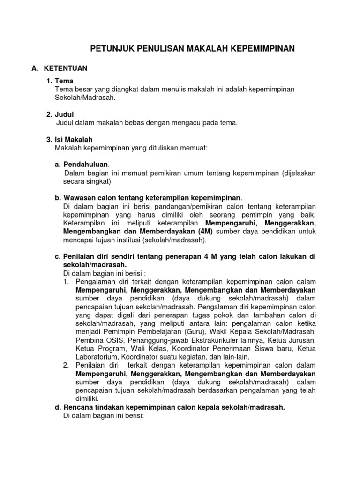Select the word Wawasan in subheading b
point(78,198)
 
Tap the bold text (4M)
point(202,232)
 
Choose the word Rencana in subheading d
point(77,407)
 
